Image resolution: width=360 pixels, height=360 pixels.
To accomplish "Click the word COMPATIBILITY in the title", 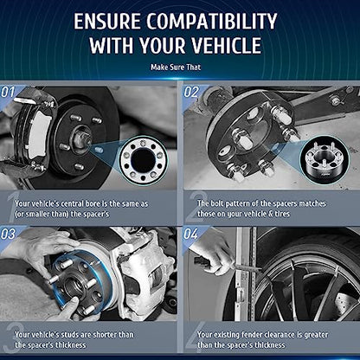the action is click(213, 21).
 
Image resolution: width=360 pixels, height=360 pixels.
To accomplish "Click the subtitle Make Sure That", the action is click(176, 67).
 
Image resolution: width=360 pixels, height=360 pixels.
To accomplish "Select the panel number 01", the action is click(8, 93).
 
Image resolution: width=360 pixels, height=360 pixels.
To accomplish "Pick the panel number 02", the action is click(191, 93).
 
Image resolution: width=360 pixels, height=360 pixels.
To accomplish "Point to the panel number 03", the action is click(8, 234).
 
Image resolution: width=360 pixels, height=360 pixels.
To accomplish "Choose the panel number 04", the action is click(191, 234).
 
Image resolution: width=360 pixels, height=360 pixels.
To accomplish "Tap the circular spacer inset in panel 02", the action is click(325, 159).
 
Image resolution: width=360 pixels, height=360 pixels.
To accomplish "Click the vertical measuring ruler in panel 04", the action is click(245, 274).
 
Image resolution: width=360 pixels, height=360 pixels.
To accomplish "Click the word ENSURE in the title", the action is click(107, 21).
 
